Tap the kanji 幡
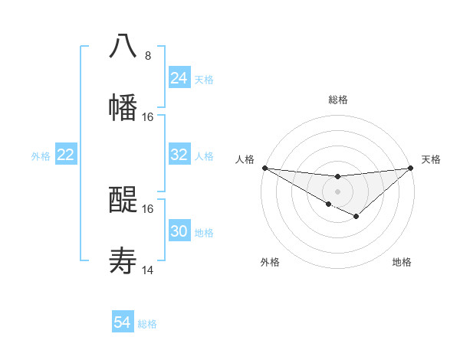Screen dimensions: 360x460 [123, 108]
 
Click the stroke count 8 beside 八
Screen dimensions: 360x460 [147, 55]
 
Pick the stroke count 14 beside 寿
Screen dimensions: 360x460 [147, 270]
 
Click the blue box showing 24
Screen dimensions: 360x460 [179, 78]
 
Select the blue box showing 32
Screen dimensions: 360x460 [179, 155]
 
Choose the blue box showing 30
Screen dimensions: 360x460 [179, 231]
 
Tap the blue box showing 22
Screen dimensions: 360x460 [66, 155]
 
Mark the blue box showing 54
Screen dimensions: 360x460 [123, 323]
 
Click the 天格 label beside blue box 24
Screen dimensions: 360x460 [204, 80]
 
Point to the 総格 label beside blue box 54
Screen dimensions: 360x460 [147, 324]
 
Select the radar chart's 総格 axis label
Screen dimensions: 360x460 [337, 100]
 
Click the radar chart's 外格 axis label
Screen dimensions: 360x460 [270, 262]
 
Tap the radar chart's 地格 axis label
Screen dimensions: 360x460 [402, 262]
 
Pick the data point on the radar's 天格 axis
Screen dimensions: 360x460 [411, 168]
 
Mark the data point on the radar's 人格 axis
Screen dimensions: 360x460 [264, 168]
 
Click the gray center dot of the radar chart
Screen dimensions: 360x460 [337, 191]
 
